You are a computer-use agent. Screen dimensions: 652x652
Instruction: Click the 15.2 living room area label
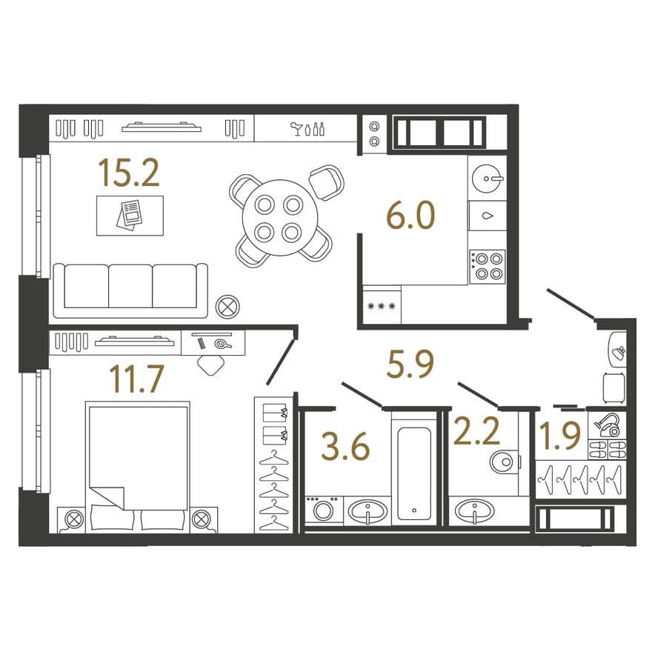click(129, 173)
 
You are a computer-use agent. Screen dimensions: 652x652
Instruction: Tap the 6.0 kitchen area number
click(410, 215)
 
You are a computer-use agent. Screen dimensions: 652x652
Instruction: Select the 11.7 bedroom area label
click(136, 379)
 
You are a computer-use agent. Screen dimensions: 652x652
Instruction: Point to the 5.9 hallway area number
click(410, 365)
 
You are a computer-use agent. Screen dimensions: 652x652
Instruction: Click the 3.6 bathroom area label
click(345, 447)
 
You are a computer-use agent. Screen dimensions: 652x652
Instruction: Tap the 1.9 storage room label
click(559, 436)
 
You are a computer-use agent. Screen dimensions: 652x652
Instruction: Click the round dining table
click(280, 218)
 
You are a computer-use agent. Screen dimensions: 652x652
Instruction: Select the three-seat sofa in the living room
click(130, 290)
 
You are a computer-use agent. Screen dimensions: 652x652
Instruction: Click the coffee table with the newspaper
click(130, 216)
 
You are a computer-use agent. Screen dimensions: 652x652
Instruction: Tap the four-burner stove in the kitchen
click(488, 267)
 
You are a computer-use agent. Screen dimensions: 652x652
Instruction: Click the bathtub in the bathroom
click(414, 473)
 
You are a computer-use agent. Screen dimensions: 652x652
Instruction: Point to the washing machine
click(324, 510)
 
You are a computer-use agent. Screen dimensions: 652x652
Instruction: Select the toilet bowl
click(505, 462)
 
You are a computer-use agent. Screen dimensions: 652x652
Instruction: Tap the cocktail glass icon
click(296, 129)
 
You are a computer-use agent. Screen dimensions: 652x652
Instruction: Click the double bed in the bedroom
click(138, 467)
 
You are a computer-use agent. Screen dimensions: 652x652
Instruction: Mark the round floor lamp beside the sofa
click(227, 307)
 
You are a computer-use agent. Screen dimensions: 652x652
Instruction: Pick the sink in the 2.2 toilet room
click(474, 511)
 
